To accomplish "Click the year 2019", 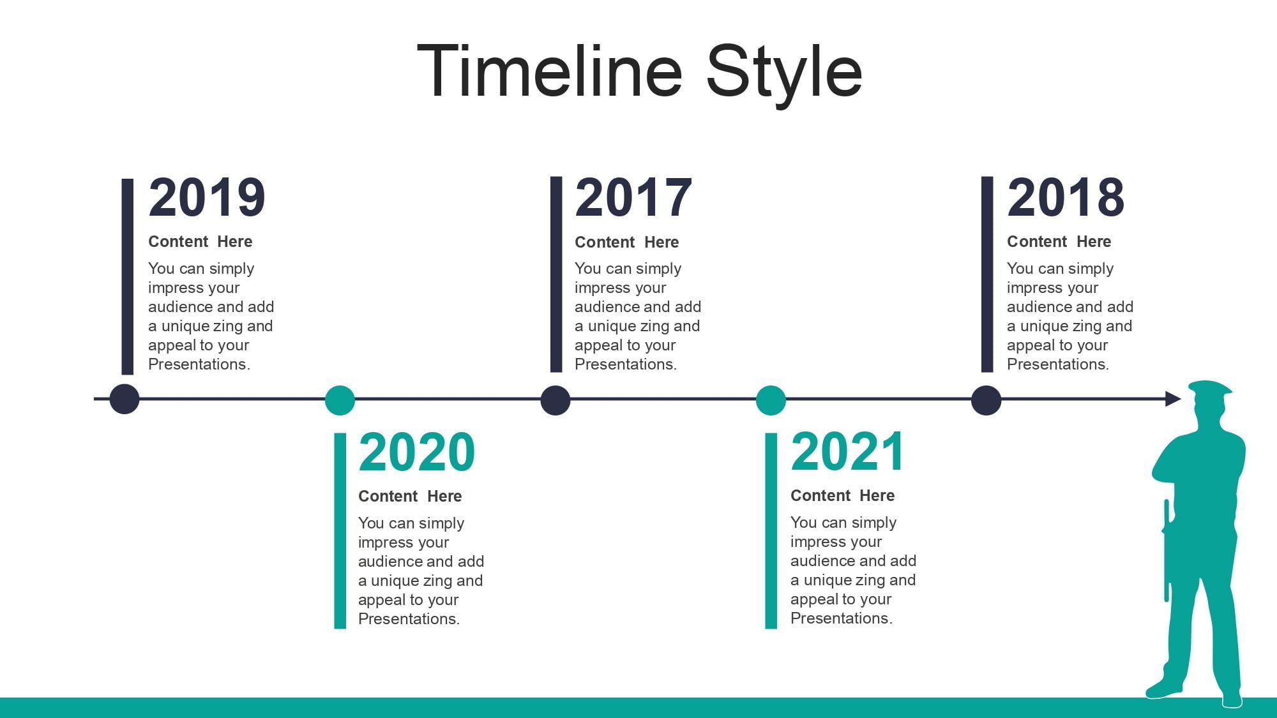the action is (207, 197).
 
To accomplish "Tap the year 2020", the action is (417, 452).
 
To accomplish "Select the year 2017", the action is (633, 197).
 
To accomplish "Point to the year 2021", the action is (847, 451).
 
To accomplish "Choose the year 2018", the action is (1066, 197).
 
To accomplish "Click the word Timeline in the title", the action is (550, 71).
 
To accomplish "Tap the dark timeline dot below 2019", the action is (125, 400).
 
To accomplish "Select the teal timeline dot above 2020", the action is (340, 400).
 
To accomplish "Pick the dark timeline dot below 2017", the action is (555, 400).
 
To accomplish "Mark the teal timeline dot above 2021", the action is (771, 400).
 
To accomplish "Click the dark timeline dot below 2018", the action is (986, 400).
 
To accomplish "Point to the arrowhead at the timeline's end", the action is (1174, 399).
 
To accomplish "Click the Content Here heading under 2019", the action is (200, 241).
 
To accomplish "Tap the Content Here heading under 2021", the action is (842, 495).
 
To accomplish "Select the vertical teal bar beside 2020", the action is (340, 531).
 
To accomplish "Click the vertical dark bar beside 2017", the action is (556, 274).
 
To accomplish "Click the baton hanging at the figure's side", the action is (1167, 550).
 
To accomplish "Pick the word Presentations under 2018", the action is (1057, 364).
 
